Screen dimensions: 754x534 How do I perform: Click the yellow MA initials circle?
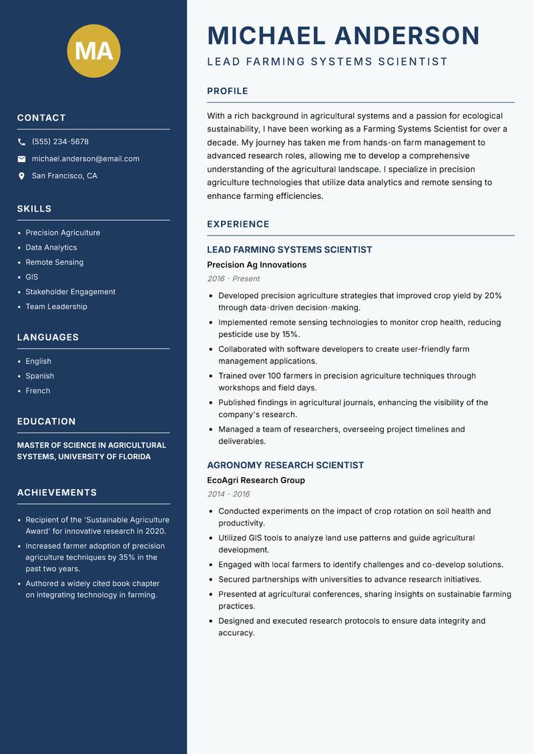tap(93, 50)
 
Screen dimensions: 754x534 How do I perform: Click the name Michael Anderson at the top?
tap(343, 35)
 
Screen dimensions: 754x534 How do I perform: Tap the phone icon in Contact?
tap(21, 142)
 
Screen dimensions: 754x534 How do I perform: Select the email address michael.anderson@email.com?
tap(85, 159)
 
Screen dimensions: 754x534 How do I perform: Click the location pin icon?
tap(21, 176)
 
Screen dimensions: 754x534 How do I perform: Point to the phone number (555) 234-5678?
tap(60, 142)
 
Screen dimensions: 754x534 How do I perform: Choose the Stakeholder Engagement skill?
tap(70, 292)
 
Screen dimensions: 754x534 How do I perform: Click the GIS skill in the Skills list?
tap(32, 277)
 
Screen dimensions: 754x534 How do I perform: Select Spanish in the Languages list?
tap(39, 376)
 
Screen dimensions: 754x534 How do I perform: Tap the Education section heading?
tap(46, 422)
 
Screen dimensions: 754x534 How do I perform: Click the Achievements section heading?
tap(57, 492)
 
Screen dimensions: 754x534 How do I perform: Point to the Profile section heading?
tap(227, 91)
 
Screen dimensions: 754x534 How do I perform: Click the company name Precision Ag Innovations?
tap(256, 265)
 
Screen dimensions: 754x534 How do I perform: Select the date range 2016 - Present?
tap(233, 279)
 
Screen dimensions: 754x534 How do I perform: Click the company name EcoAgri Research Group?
tap(256, 480)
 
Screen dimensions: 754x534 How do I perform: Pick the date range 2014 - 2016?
tap(228, 494)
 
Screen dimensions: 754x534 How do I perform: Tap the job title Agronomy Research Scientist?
tap(285, 465)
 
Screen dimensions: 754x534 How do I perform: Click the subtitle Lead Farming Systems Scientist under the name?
tap(327, 62)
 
